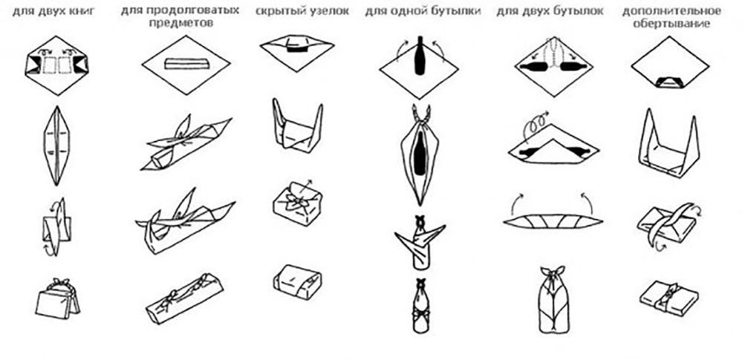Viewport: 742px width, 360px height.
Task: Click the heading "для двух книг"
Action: [x=53, y=11]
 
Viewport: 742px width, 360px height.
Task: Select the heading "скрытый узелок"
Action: [x=302, y=11]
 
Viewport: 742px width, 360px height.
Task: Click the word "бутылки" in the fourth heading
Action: [x=456, y=11]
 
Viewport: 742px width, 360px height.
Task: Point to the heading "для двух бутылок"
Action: [x=550, y=11]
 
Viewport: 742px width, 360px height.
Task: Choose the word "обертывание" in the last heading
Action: [x=671, y=24]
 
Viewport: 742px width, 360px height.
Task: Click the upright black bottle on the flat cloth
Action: [x=419, y=56]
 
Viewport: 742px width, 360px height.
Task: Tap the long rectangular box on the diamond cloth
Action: [x=187, y=63]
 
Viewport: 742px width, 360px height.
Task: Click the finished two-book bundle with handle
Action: [x=57, y=298]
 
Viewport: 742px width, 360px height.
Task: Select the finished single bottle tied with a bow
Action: [x=419, y=306]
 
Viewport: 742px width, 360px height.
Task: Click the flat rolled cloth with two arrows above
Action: [x=553, y=221]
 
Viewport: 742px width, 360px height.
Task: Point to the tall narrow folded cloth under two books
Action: [x=56, y=145]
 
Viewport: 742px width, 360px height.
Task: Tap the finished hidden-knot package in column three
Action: [x=297, y=282]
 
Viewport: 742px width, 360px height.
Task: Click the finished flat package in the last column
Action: [x=668, y=298]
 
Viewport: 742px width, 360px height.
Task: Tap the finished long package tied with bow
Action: [x=184, y=298]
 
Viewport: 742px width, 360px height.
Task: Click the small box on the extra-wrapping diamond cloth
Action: [x=670, y=82]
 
